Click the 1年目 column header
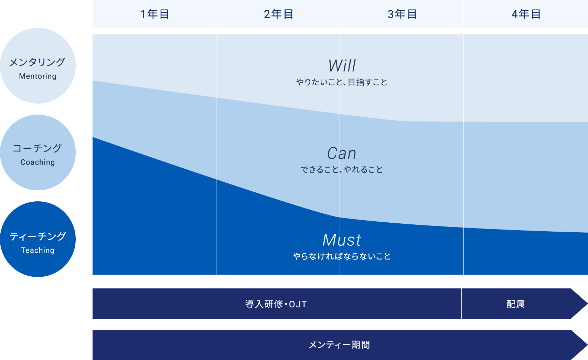click(154, 14)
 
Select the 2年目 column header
click(278, 14)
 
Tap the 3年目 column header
click(402, 14)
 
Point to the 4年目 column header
click(526, 14)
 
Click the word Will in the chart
click(342, 66)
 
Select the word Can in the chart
click(342, 153)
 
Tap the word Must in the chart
click(342, 240)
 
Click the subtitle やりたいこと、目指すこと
click(342, 82)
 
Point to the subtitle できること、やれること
click(342, 169)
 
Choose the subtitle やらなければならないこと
click(342, 256)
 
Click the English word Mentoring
click(38, 76)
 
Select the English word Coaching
click(38, 162)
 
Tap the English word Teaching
click(38, 250)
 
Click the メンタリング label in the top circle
click(37, 62)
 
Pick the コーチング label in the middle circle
click(37, 148)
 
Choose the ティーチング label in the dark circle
click(38, 236)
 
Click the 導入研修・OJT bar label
click(276, 304)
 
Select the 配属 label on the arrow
click(516, 304)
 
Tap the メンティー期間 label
click(339, 345)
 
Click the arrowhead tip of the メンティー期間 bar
click(587, 345)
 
